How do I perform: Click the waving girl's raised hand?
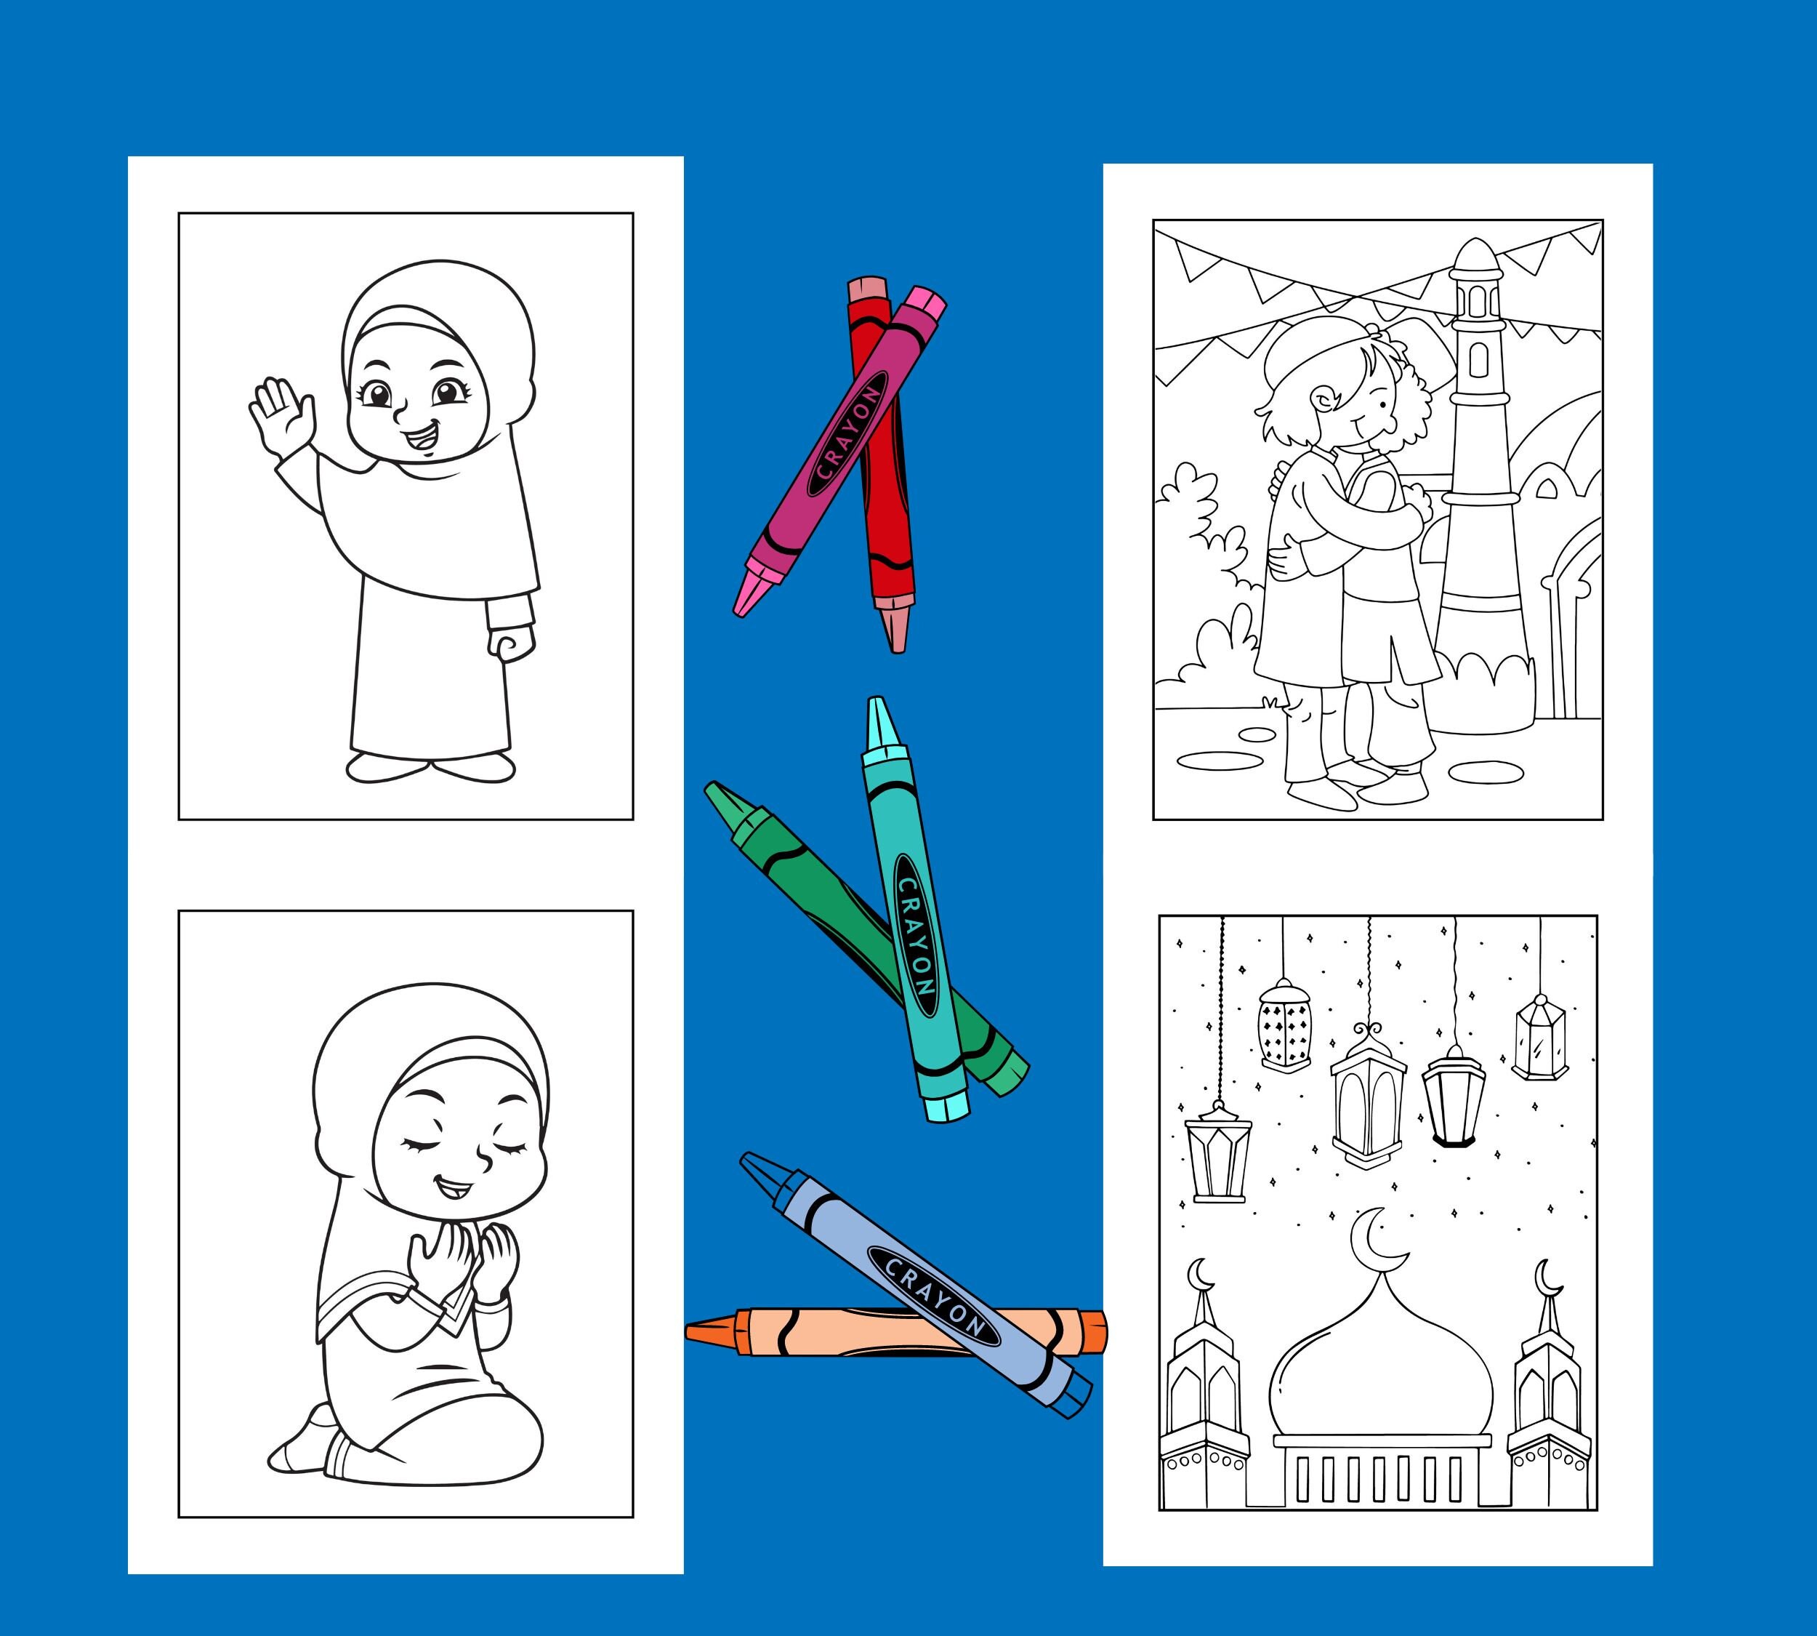[283, 416]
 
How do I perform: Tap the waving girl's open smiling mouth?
[419, 440]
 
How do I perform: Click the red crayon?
[885, 503]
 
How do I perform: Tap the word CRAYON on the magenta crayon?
[847, 435]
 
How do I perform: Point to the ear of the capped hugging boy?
[1322, 399]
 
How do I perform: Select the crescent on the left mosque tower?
[1200, 1274]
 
